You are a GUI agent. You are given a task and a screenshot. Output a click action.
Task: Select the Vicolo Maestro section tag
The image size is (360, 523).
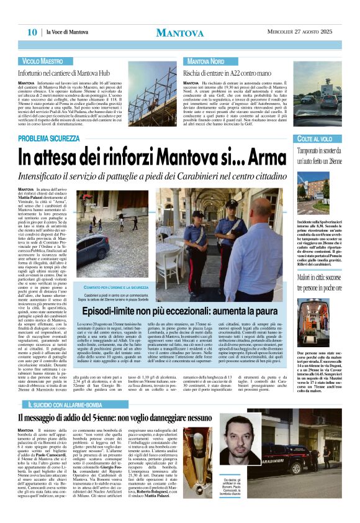43,62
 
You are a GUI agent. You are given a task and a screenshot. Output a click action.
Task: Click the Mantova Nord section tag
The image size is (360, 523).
206,62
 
